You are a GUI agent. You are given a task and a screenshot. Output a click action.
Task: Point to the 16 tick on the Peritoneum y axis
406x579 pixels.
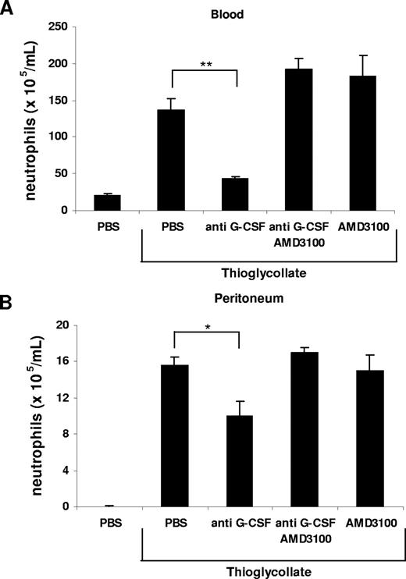tap(58, 361)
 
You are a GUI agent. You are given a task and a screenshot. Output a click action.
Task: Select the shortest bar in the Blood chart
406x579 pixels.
tap(107, 202)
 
